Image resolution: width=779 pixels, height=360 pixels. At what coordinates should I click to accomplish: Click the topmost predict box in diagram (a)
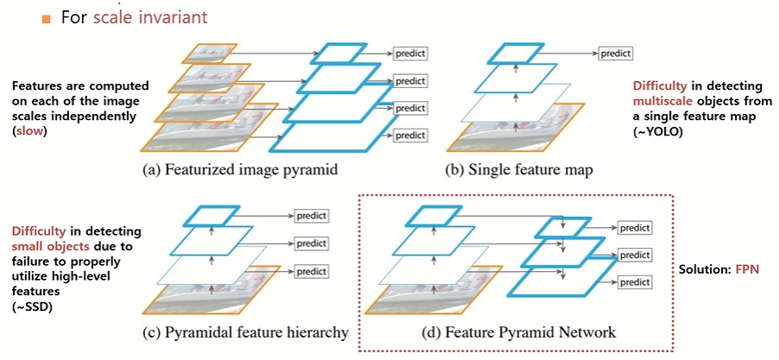point(411,54)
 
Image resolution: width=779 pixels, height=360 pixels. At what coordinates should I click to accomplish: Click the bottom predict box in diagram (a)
point(411,136)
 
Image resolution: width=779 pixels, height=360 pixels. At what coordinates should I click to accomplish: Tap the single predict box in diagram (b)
point(616,54)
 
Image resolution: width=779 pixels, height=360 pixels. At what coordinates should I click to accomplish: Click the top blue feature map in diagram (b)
point(519,53)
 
